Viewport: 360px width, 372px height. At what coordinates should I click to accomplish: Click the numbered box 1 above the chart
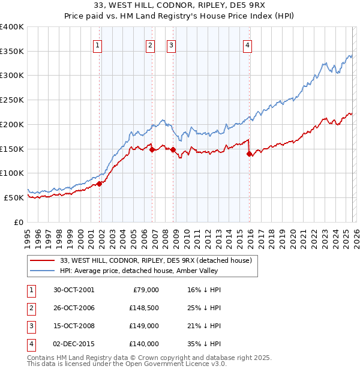click(x=97, y=44)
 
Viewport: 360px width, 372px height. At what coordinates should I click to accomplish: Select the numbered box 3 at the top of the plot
click(x=171, y=44)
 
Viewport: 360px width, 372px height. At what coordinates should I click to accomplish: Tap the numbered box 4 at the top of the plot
click(x=247, y=44)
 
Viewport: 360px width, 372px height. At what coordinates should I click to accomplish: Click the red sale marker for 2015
click(x=249, y=154)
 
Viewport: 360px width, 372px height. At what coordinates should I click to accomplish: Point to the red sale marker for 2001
click(x=100, y=184)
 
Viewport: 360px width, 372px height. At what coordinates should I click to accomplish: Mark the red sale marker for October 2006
click(x=152, y=149)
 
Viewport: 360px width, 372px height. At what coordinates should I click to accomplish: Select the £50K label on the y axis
click(x=14, y=197)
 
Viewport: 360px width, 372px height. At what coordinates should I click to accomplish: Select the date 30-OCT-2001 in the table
click(x=74, y=290)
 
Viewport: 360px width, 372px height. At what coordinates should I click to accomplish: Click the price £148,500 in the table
click(x=143, y=308)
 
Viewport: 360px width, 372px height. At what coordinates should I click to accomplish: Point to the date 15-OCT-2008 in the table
click(x=74, y=326)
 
